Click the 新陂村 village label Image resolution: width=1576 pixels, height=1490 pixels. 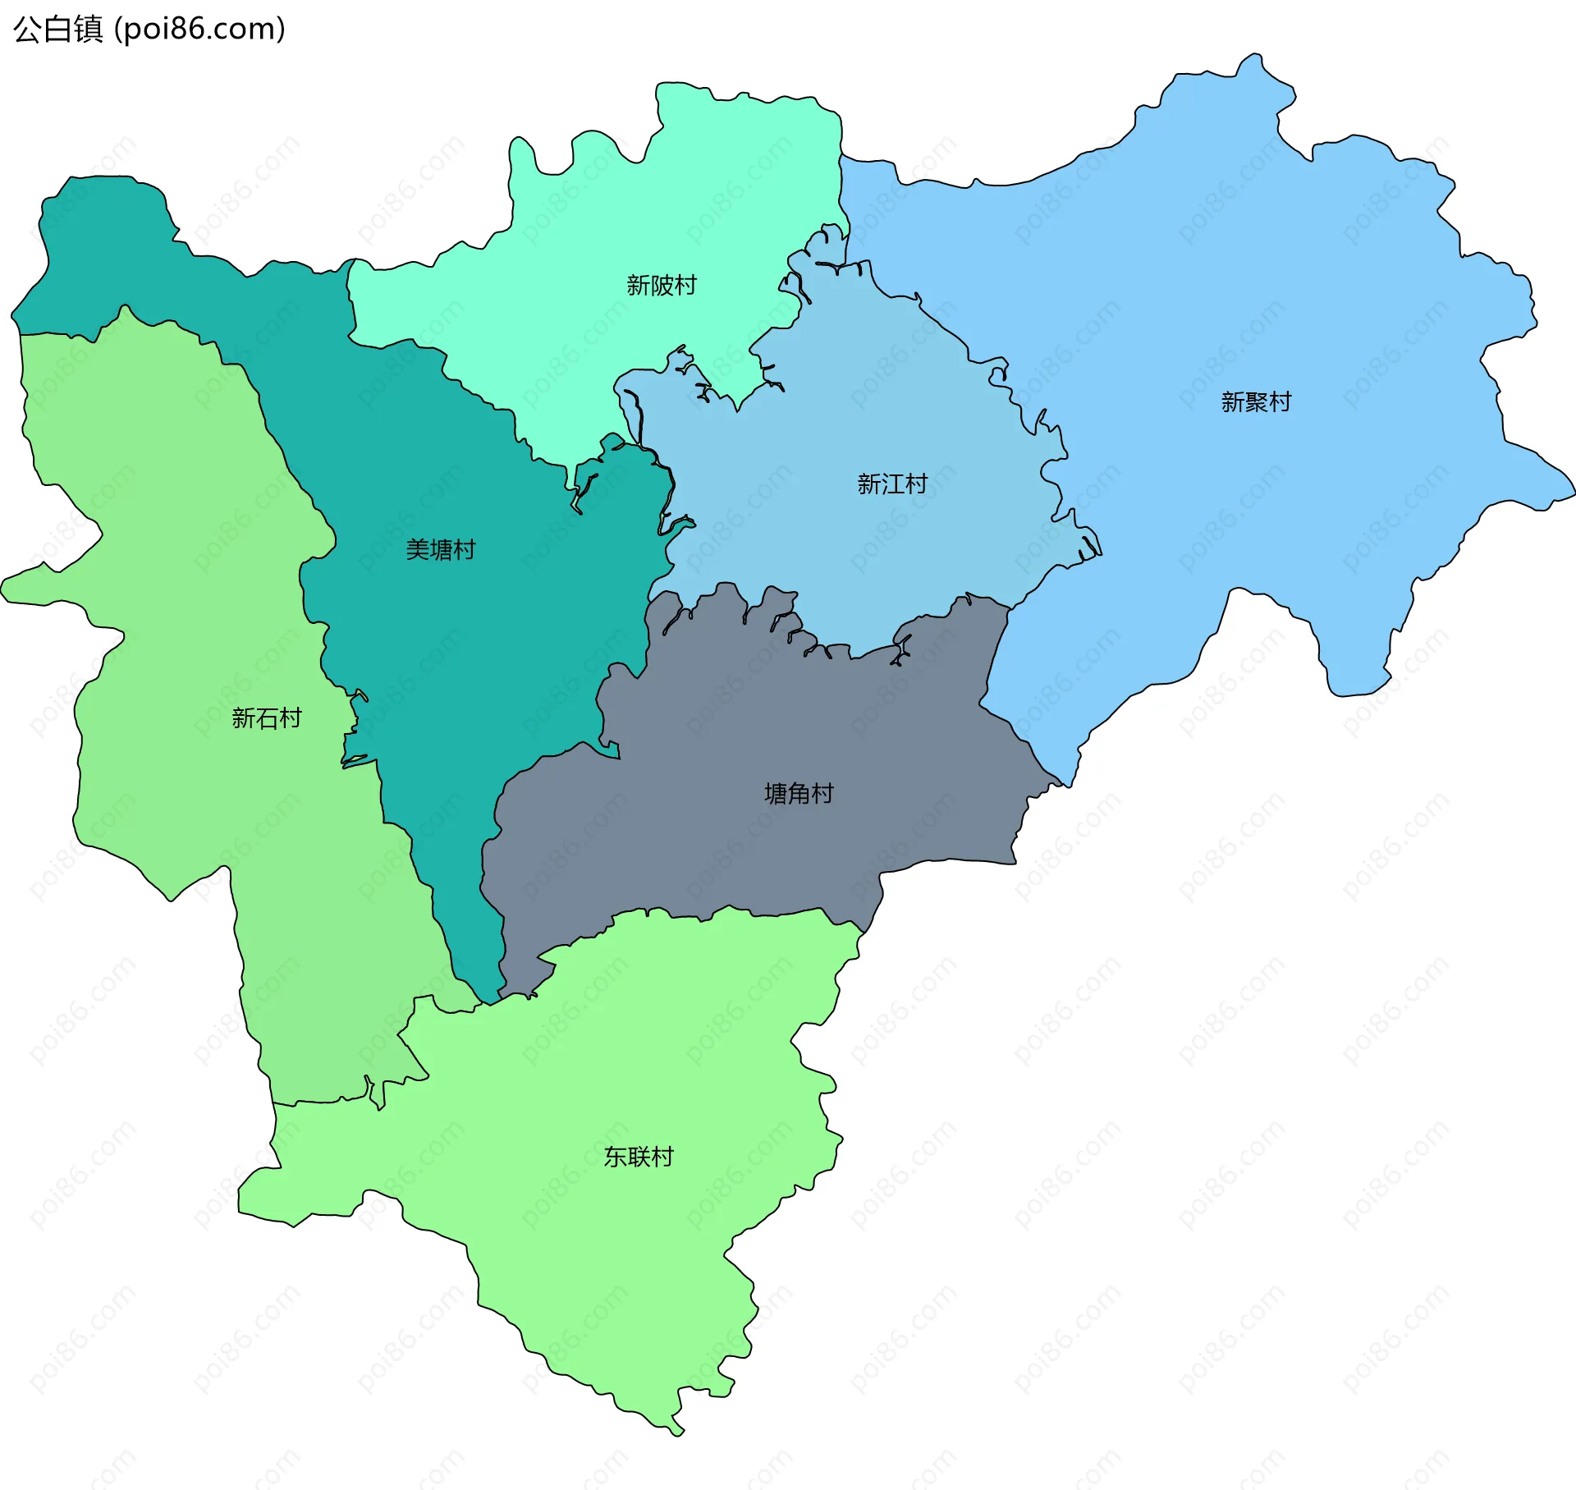pos(661,285)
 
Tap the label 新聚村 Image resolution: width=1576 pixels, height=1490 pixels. pos(1255,401)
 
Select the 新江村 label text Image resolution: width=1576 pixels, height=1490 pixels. pos(891,484)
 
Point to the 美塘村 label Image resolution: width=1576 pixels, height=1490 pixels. pos(440,549)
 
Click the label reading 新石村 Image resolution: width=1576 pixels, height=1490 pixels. pos(266,717)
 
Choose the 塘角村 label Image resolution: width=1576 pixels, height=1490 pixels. pos(798,793)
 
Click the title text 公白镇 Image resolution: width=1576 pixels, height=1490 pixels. pos(57,29)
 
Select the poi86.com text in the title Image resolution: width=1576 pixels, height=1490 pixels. pos(199,29)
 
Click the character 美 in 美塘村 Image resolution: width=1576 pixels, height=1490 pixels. pos(417,549)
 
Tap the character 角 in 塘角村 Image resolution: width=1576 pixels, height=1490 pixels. pos(798,793)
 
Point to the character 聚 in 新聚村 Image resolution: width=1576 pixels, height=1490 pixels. pos(1255,401)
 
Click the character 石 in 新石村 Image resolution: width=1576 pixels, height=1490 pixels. pos(266,717)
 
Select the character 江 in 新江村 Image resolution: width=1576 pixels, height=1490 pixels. pos(891,484)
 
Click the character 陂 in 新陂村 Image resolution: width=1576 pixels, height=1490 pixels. pos(661,285)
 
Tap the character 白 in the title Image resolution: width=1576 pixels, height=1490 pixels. pos(57,29)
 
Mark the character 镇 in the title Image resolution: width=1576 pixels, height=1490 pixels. pos(88,29)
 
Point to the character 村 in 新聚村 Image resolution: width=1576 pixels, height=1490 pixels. pos(1279,401)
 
